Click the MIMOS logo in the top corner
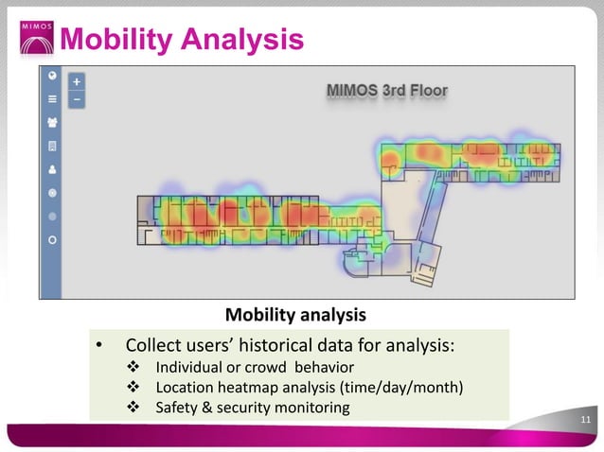click(x=37, y=36)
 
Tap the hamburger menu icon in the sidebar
click(x=52, y=97)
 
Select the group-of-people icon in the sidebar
click(x=52, y=122)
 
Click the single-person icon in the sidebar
click(x=52, y=170)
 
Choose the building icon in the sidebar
click(x=52, y=147)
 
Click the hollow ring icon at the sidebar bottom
click(x=52, y=240)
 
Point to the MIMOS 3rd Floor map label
click(x=386, y=91)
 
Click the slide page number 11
click(x=586, y=422)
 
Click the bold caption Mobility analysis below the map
click(x=294, y=314)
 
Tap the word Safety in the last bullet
click(x=177, y=408)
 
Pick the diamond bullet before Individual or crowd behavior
click(x=133, y=367)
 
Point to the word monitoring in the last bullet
click(x=309, y=408)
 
